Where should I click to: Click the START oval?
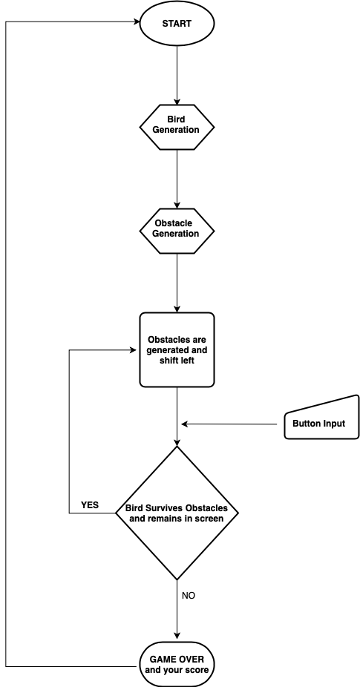pos(177,23)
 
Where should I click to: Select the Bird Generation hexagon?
pos(177,127)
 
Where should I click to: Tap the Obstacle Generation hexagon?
pos(177,231)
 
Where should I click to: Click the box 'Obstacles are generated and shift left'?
pos(177,349)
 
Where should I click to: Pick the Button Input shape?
pos(322,419)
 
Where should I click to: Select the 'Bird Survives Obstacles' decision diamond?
pos(177,513)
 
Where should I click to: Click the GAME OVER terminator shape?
pos(177,664)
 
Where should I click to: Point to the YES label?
pos(90,505)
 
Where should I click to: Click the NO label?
pos(188,596)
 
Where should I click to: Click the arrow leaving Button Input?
pos(229,424)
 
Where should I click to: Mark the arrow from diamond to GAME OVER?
pos(177,610)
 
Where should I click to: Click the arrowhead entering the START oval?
pos(137,22)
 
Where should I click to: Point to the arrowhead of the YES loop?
pos(133,350)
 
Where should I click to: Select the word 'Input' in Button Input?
pos(335,424)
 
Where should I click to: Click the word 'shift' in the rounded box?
pos(168,361)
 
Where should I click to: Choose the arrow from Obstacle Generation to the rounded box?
pos(177,283)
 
